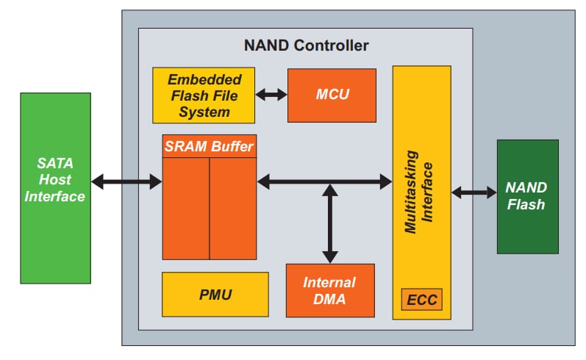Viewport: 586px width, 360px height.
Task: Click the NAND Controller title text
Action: pyautogui.click(x=306, y=46)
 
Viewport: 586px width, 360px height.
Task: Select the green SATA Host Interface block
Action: pyautogui.click(x=56, y=188)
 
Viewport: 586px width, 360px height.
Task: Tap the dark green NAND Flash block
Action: pyautogui.click(x=527, y=196)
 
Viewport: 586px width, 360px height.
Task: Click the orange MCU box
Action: pyautogui.click(x=332, y=95)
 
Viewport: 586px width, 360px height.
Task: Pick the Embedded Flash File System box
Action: pyautogui.click(x=203, y=96)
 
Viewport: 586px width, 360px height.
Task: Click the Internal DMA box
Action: pyautogui.click(x=329, y=290)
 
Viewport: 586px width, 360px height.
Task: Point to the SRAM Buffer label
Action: pyautogui.click(x=209, y=146)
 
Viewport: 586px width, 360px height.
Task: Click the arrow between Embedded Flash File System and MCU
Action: pyautogui.click(x=271, y=95)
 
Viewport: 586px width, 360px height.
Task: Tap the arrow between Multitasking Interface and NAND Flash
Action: pyautogui.click(x=474, y=192)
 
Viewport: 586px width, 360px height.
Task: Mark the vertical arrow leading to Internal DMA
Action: pyautogui.click(x=330, y=223)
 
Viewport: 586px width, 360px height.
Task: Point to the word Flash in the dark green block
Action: pyautogui.click(x=527, y=204)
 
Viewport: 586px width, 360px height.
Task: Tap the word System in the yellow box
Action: pyautogui.click(x=203, y=112)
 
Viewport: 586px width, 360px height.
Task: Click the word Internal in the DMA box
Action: pyautogui.click(x=329, y=282)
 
